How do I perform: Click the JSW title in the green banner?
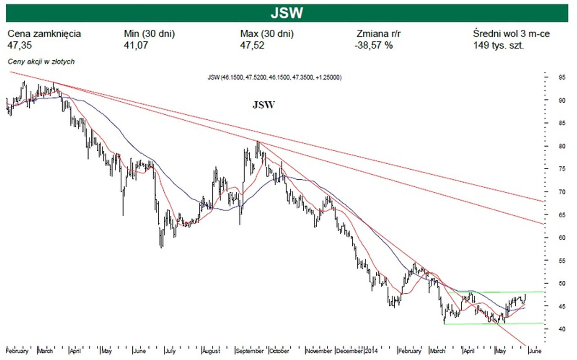pos(287,13)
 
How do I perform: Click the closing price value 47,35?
pos(20,45)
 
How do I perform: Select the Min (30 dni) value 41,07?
pos(135,45)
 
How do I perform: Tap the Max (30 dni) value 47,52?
pos(252,45)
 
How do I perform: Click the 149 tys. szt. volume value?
pos(498,45)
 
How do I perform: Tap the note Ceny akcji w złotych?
pos(41,62)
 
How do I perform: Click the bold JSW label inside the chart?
pos(263,105)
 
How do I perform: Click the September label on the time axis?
pos(250,351)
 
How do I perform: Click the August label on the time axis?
pos(211,351)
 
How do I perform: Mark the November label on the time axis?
pos(319,351)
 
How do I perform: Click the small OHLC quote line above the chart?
pos(275,77)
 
